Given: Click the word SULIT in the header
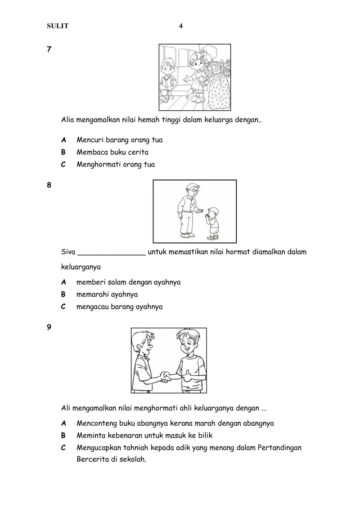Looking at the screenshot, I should (x=58, y=26).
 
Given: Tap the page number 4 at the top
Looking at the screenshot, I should (x=181, y=26).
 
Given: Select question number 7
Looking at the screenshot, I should (x=49, y=49).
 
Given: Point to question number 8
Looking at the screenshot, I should (x=49, y=185).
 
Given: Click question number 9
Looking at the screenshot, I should (x=49, y=327).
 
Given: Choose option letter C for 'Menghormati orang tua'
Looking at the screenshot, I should (x=63, y=164).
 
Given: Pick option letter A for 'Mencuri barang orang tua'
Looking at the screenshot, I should (x=63, y=140).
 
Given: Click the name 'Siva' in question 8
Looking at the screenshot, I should (x=68, y=252).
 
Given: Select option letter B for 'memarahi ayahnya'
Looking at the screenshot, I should (x=63, y=294).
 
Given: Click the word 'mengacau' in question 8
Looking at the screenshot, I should (x=93, y=307).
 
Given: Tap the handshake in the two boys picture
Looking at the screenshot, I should (x=165, y=376).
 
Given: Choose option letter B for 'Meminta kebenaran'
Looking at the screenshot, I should (x=63, y=435).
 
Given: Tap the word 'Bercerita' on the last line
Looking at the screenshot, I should (x=92, y=460).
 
